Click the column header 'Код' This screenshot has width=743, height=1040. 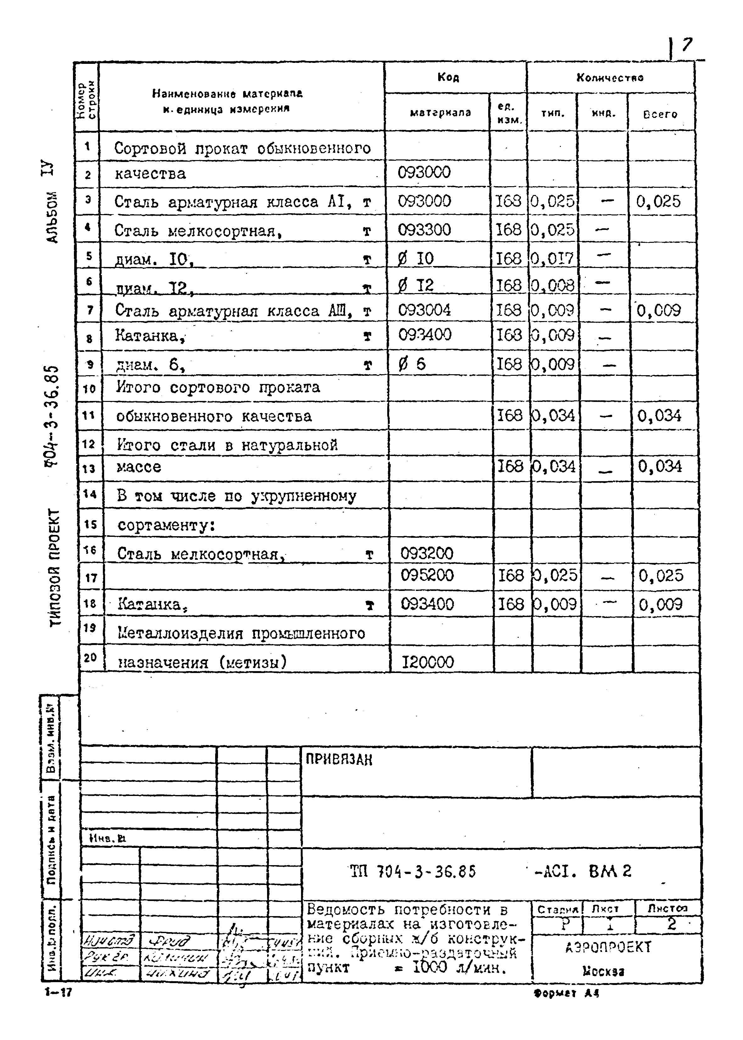(448, 77)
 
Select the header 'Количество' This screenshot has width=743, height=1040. (610, 77)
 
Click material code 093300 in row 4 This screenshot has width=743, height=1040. (424, 230)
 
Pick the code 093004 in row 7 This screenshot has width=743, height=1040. (424, 310)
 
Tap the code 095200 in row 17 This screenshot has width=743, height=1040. (427, 575)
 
